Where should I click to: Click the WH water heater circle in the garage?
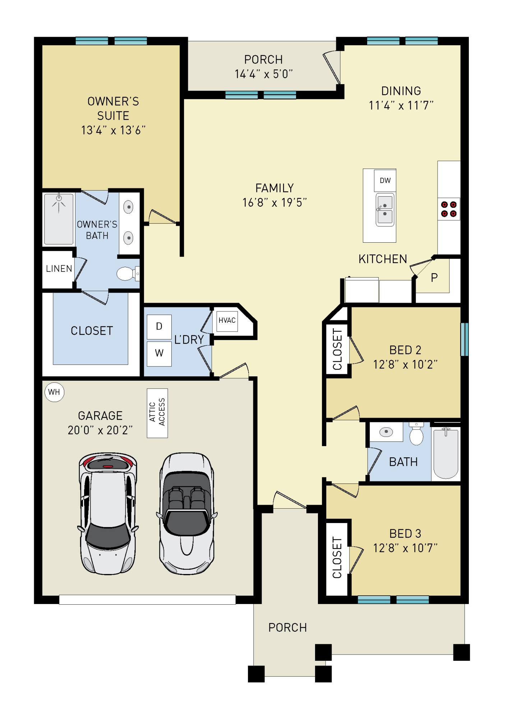(x=54, y=392)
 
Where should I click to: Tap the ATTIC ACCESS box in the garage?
(x=157, y=413)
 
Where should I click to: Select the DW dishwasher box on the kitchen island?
(x=385, y=180)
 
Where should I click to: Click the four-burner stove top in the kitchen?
(x=449, y=209)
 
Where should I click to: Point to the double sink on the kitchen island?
(x=385, y=210)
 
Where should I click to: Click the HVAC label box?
(x=227, y=320)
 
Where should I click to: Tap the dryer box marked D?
(x=159, y=326)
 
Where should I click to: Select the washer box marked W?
(x=159, y=353)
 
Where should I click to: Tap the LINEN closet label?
(x=59, y=269)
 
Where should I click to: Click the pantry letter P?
(x=434, y=278)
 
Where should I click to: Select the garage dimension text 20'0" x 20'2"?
(x=100, y=430)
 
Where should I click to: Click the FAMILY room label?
(x=274, y=188)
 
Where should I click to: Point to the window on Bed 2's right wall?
(x=464, y=339)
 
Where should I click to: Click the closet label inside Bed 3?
(x=337, y=558)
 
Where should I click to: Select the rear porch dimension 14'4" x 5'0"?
(x=264, y=74)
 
